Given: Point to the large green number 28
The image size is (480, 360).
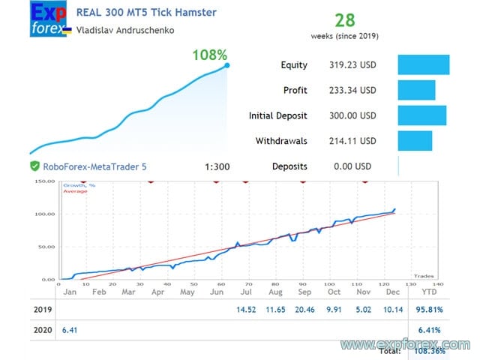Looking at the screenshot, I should coord(344,20).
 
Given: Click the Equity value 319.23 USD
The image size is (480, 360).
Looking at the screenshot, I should coord(352,65).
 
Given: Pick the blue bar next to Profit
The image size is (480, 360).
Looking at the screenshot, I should coord(416,90).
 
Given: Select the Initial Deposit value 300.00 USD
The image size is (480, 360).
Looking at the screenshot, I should coord(352,116).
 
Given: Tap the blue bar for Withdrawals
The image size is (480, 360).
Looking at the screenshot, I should coord(415,141).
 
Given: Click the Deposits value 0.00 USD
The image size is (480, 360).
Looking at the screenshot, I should coord(352,166).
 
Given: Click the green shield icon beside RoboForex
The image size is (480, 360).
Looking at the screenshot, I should coord(34,166).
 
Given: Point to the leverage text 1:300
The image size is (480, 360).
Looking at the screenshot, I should coord(217,166).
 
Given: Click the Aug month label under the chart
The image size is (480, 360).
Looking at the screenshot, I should coord(275,292).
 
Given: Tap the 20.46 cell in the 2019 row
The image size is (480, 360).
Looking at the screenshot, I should coord(304,310).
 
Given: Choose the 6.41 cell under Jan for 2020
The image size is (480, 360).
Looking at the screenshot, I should coord(69,328).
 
